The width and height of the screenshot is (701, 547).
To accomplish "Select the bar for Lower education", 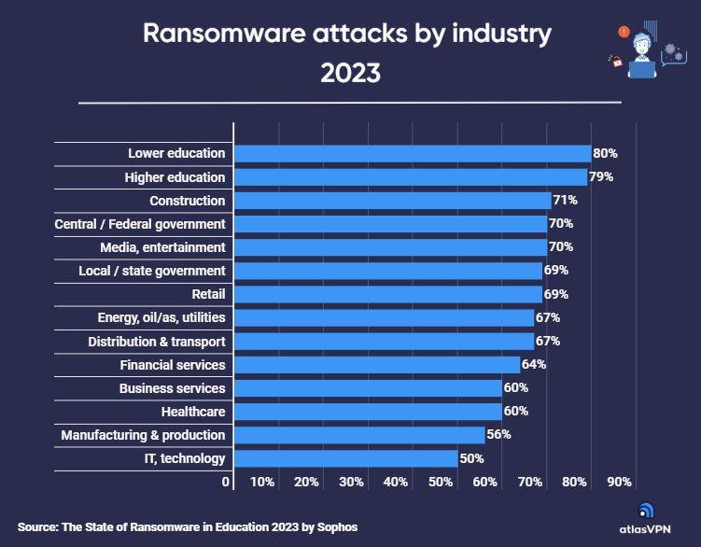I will pos(412,153).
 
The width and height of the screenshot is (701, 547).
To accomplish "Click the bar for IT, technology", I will pos(345,458).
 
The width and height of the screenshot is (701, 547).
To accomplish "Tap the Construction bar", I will pos(392,201).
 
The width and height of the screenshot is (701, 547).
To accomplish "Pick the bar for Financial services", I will pos(376,364).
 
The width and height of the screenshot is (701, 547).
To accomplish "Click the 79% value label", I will pos(600,176).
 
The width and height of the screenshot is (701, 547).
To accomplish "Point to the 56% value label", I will pos(498,434).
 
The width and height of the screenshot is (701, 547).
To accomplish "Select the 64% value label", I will pos(534,364).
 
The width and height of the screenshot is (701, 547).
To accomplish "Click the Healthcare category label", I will pos(193,411).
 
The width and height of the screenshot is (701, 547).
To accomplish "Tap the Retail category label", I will pos(207,294).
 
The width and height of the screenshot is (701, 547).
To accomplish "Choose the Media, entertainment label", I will pos(162,247).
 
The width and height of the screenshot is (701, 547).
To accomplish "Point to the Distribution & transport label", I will pos(156,341).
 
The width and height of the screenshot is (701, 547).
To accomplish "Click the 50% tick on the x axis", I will pos(441,483).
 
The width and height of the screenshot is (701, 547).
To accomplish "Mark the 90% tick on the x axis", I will pos(620,483).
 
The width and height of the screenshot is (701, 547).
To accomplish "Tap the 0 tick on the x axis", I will pos(226,483).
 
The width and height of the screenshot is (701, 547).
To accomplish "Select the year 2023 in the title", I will pos(350,72).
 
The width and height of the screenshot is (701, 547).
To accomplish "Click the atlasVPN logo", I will pos(648,517).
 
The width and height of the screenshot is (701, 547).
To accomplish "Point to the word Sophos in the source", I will pos(335,527).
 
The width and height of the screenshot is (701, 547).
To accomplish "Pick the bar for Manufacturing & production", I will pos(359,434).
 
